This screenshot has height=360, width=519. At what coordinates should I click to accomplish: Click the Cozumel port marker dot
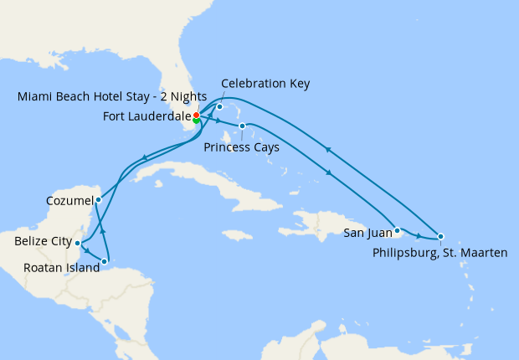click(x=99, y=199)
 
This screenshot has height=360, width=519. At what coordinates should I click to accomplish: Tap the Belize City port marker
click(x=78, y=243)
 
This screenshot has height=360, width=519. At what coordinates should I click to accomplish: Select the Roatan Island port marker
click(x=105, y=261)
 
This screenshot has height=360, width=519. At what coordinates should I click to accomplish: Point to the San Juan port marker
click(x=398, y=229)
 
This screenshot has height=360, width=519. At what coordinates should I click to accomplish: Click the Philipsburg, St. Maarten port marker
click(x=440, y=236)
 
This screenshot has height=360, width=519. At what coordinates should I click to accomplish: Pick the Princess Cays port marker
click(x=242, y=126)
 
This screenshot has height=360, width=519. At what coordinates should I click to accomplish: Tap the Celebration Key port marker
click(x=219, y=107)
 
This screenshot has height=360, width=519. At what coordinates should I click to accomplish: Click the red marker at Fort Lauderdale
click(x=196, y=115)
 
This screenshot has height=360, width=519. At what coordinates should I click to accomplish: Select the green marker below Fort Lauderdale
click(x=196, y=121)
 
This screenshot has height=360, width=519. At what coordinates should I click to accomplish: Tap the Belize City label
click(x=42, y=241)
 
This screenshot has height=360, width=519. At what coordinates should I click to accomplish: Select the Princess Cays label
click(x=241, y=147)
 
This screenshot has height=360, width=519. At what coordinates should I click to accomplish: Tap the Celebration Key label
click(x=265, y=83)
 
